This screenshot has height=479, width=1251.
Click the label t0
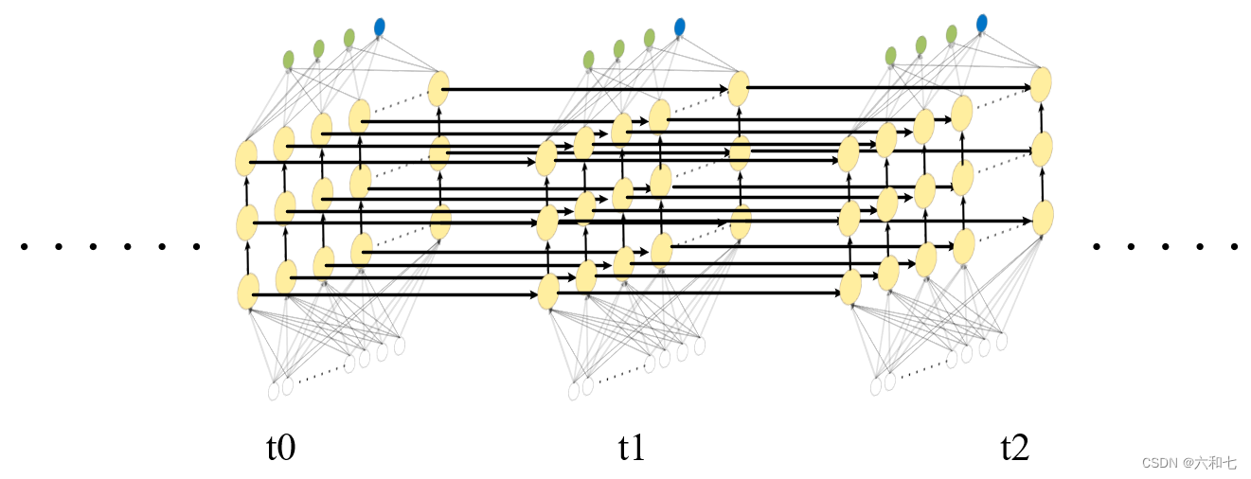pos(280,447)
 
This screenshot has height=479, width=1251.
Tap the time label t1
pos(632,447)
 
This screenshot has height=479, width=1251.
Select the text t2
pos(1014,447)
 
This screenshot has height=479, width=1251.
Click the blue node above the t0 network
pos(380,27)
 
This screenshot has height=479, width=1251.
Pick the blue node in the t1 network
pos(679,27)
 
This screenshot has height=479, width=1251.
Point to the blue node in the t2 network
pos(981,22)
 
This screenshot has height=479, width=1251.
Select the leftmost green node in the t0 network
pos(289,60)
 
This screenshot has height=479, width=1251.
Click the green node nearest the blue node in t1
pos(649,38)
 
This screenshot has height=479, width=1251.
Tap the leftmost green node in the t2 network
pos(890,56)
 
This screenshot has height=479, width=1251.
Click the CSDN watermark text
pos(1188,463)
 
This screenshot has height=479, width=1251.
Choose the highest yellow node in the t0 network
pos(438,89)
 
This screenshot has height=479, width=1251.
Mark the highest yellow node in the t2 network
pos(1041,84)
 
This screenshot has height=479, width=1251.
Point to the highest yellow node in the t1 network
pos(739,88)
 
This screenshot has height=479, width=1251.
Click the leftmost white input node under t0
pos(274,390)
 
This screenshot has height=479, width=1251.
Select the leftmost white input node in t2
pos(876,386)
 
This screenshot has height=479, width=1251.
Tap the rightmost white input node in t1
pos(700,346)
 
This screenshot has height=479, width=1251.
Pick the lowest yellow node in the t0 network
pos(248,292)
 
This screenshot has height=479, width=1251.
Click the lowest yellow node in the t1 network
pos(548,292)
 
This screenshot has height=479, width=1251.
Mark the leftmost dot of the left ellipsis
pos(25,247)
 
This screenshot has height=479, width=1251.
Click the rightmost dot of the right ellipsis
pos(1234,247)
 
